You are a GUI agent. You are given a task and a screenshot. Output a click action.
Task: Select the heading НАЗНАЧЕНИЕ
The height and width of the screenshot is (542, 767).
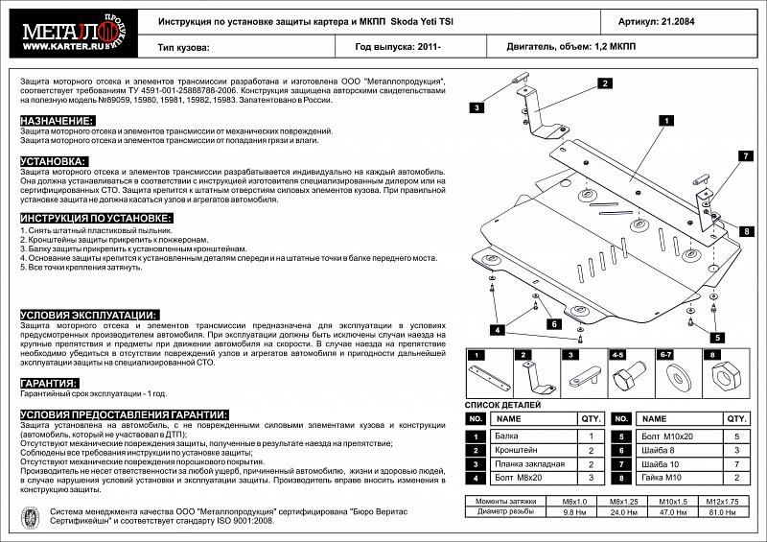click(57, 120)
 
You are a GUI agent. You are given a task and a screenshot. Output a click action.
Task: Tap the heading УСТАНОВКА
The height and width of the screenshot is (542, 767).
click(54, 161)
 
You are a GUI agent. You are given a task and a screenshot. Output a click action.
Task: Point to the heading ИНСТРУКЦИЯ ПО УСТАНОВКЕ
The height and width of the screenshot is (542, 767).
click(96, 219)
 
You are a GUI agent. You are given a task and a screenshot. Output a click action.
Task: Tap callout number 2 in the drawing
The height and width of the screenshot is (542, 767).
click(606, 83)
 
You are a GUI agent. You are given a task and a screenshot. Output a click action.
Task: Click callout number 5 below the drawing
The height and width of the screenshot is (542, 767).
click(716, 337)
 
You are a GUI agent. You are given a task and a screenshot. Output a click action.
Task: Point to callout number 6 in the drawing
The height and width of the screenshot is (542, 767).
click(553, 324)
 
